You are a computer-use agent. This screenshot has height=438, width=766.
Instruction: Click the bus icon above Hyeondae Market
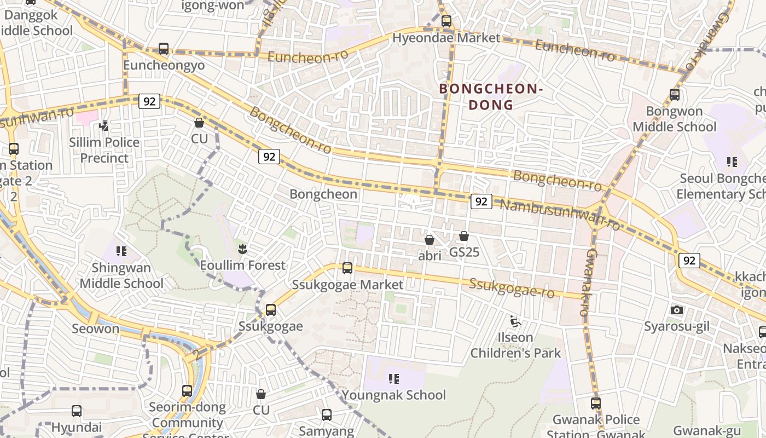446,21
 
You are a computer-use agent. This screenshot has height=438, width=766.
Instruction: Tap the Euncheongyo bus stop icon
164,49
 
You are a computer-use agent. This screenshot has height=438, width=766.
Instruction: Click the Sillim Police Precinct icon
103,126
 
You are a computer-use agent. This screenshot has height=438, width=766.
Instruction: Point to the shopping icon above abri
430,240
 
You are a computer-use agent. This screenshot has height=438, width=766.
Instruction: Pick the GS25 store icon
464,236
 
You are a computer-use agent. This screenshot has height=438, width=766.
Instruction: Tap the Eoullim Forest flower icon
242,249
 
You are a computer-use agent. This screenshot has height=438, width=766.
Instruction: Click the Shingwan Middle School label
121,275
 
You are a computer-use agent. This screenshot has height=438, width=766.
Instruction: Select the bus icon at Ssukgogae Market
347,268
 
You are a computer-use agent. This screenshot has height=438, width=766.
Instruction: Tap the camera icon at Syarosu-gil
677,310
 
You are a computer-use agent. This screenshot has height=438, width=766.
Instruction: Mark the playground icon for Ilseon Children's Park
515,321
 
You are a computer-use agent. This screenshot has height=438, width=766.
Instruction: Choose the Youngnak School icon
394,378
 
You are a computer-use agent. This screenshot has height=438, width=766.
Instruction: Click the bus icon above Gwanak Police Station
596,404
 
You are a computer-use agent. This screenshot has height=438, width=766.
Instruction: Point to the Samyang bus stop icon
327,415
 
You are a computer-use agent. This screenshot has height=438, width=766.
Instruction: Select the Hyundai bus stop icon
77,411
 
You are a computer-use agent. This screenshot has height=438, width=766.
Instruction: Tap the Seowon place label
95,328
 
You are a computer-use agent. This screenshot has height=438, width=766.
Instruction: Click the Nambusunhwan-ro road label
560,214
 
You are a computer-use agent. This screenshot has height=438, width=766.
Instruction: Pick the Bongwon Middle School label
674,119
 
